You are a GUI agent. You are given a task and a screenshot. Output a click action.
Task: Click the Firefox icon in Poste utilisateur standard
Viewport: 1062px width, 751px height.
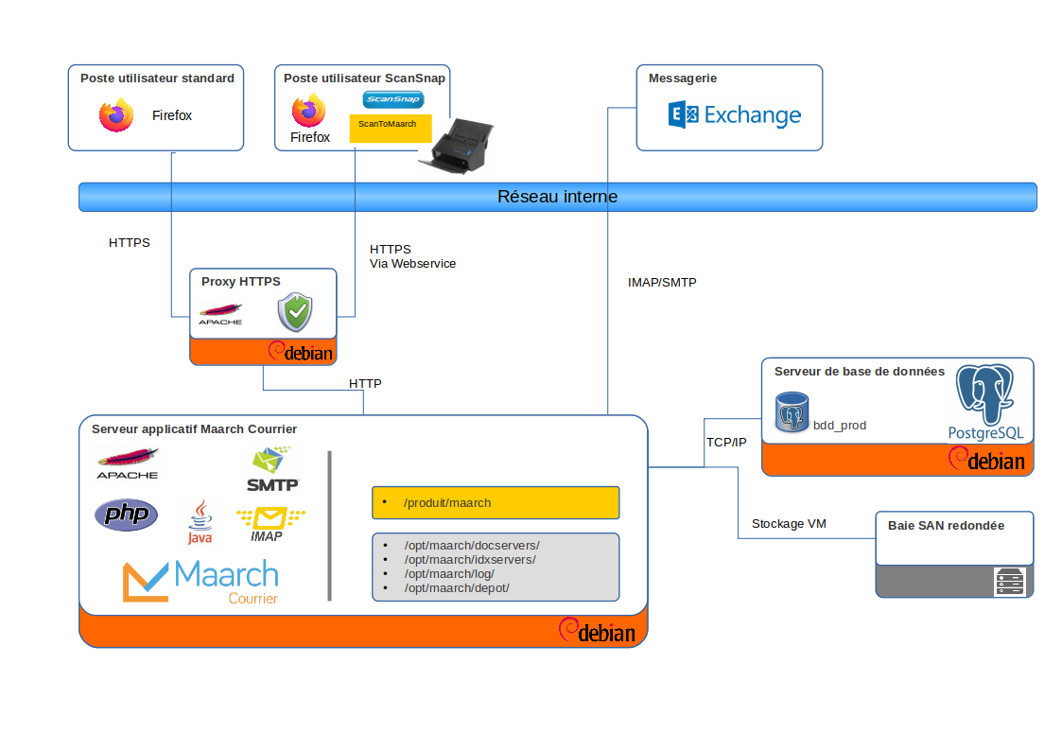coord(116,115)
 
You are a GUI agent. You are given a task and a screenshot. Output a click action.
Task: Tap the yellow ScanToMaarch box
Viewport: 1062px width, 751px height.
coord(390,128)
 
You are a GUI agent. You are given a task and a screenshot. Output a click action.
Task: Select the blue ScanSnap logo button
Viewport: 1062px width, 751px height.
coord(392,99)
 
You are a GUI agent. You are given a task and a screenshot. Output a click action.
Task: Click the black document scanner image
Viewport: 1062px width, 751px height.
coord(457,148)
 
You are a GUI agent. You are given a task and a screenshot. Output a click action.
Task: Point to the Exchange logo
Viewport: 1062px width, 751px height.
coord(735,115)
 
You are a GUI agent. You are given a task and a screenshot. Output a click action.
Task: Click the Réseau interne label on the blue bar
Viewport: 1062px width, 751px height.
coord(557,197)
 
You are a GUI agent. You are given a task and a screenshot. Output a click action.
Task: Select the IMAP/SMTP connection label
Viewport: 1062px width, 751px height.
coord(662,282)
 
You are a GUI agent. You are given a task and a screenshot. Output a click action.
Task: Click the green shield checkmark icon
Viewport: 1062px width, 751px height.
coord(295,312)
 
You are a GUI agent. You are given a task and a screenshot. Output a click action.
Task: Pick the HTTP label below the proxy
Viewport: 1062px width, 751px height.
coord(365,384)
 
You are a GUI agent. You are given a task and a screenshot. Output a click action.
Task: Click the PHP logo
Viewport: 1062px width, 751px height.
coord(126,515)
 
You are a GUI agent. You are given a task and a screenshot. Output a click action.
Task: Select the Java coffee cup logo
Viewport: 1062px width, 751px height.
coord(200,522)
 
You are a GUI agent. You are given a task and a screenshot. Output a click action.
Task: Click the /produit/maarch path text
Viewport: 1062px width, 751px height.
coord(447,503)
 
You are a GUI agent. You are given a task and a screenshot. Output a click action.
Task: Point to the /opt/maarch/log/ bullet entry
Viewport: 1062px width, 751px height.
coord(448,574)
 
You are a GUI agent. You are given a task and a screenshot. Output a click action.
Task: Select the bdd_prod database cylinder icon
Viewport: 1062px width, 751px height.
coord(792,412)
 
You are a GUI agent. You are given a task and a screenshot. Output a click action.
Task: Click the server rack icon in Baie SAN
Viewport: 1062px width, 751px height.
coord(1009,582)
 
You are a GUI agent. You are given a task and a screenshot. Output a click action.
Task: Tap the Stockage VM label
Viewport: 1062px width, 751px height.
coord(789,523)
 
